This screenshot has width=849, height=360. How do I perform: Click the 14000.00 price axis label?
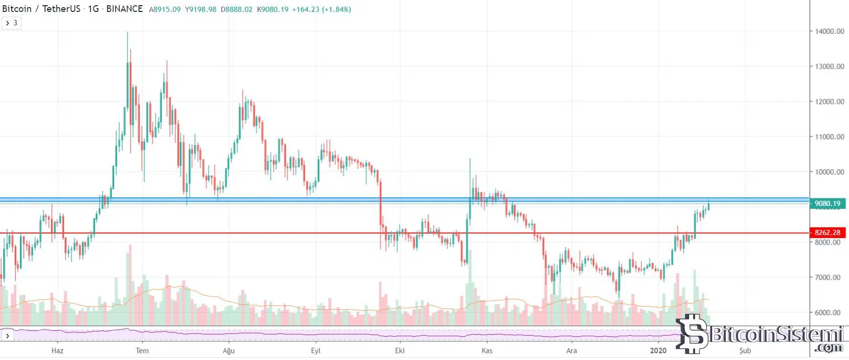[829, 31]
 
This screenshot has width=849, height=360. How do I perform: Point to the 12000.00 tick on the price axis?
[829, 102]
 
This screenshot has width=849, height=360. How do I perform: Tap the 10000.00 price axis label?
[829, 172]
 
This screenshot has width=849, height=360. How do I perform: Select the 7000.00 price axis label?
[828, 277]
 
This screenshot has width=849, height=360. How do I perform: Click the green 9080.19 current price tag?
[828, 204]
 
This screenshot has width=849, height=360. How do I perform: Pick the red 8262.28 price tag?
[828, 233]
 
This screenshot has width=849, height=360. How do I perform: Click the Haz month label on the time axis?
[57, 350]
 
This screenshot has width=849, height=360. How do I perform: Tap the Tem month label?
[142, 350]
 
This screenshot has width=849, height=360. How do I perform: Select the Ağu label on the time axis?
[229, 350]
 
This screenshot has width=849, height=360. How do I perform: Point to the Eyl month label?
[315, 350]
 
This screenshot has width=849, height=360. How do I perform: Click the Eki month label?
[400, 350]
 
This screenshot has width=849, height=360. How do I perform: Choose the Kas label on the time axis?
[487, 350]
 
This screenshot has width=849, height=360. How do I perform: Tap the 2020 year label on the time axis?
[658, 350]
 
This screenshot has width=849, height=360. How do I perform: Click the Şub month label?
[745, 350]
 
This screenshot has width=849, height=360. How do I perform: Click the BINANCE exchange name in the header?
[124, 9]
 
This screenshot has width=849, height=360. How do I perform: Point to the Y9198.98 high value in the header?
[201, 9]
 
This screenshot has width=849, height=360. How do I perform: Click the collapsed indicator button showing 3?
[11, 23]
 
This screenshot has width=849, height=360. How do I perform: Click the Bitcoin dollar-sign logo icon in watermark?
[692, 333]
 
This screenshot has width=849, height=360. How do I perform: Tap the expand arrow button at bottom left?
[7, 336]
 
